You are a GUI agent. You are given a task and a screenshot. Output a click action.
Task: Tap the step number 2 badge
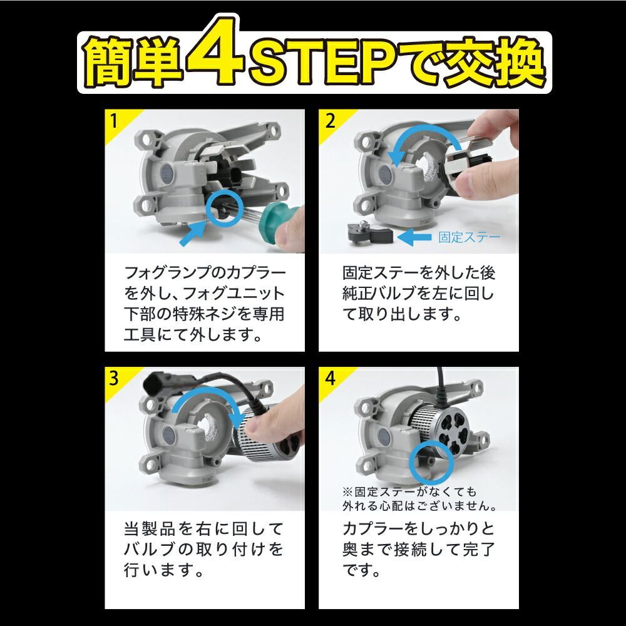(330, 120)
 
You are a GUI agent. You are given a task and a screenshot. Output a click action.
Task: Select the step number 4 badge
(330, 377)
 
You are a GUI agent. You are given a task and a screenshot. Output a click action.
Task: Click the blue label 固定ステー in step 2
(469, 237)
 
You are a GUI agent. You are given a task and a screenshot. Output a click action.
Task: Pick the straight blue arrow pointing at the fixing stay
(414, 237)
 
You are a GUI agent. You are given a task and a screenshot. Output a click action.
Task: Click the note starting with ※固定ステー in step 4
(419, 498)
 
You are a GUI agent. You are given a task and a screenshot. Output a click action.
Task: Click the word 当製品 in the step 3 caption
(150, 529)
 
